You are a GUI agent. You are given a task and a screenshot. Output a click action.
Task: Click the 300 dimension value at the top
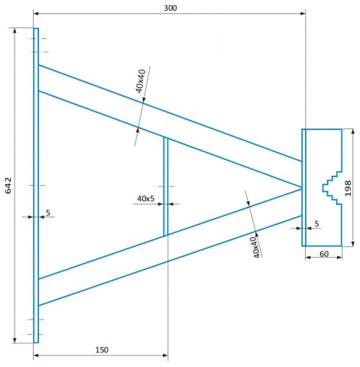[170, 8]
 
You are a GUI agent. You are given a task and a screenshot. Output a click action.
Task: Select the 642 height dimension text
[8, 185]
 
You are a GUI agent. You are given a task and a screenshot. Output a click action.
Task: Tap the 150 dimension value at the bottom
[102, 350]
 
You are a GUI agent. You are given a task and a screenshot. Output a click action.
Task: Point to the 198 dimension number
[348, 188]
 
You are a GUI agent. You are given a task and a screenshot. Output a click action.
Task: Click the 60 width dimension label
[324, 254]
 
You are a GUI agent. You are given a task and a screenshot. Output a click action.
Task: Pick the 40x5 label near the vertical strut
[146, 199]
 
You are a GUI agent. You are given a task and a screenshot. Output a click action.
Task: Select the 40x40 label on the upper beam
[141, 81]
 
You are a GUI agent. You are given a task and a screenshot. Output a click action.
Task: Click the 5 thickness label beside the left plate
[48, 213]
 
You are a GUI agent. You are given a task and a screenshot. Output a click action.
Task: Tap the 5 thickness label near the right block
[316, 224]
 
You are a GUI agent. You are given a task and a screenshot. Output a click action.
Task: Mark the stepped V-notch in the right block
[332, 188]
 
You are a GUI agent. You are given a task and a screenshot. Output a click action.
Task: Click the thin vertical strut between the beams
[166, 187]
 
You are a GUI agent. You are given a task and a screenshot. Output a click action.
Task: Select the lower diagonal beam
[170, 247]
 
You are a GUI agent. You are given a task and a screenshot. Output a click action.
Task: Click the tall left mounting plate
[36, 185]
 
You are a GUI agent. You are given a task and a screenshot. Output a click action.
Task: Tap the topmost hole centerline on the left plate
[37, 39]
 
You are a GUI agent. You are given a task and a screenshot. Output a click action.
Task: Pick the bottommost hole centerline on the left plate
[34, 334]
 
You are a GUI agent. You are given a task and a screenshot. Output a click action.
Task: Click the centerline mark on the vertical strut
[166, 187]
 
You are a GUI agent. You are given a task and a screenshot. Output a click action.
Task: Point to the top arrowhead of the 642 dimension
[15, 31]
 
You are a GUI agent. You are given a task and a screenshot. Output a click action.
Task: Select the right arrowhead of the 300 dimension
[303, 13]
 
